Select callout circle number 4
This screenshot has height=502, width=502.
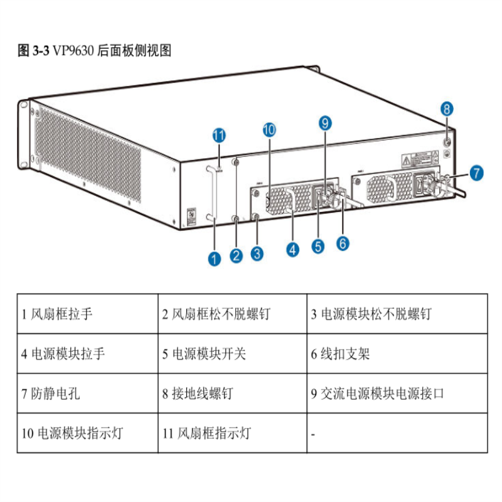[x=292, y=249]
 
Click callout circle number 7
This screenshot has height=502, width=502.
[x=476, y=173]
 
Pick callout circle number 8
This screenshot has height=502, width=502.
[x=446, y=109]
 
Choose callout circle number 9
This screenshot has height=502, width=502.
[x=324, y=123]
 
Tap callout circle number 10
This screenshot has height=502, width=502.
[x=269, y=130]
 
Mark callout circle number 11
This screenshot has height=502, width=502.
[x=219, y=136]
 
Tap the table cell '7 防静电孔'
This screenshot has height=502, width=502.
[x=87, y=393]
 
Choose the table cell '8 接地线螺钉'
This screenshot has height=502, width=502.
[x=232, y=393]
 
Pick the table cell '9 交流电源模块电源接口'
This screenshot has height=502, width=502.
[x=397, y=393]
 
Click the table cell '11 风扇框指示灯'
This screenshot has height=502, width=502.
[x=232, y=433]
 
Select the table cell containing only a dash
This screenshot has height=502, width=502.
[x=397, y=433]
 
